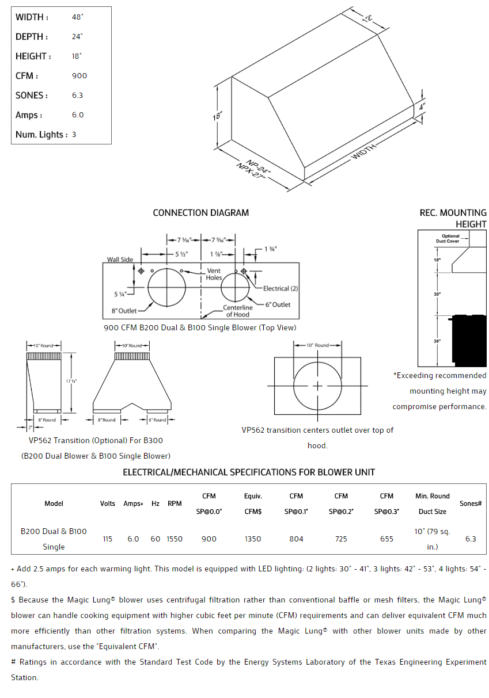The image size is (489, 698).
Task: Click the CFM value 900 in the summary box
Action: [x=79, y=76]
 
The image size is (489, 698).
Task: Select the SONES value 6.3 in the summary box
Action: [x=78, y=96]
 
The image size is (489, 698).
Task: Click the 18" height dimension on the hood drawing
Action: [x=217, y=116]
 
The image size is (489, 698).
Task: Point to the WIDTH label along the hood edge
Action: [x=364, y=152]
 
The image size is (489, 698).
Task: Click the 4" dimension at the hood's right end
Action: [x=422, y=107]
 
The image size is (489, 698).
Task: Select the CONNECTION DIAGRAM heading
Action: [x=200, y=213]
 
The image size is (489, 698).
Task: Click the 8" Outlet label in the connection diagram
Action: [x=124, y=311]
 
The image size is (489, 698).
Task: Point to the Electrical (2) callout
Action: [x=280, y=288]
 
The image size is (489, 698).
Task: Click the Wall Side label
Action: [x=120, y=260]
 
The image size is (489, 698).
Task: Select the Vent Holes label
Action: [x=214, y=274]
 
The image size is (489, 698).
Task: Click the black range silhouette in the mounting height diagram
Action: [x=469, y=340]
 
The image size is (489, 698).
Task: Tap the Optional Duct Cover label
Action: [x=450, y=239]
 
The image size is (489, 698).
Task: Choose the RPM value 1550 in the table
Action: [x=175, y=539]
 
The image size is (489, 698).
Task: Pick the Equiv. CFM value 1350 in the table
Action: [x=253, y=539]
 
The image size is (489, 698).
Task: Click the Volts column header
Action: [x=108, y=504]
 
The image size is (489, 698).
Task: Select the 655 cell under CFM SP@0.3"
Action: [x=386, y=539]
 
